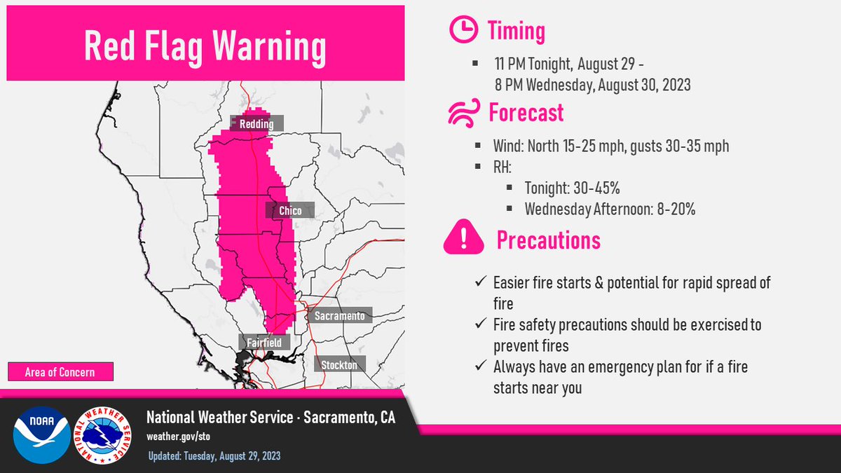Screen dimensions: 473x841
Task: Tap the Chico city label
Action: tap(289, 211)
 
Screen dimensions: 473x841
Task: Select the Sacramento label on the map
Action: tap(339, 317)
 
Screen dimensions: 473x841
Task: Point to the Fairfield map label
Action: tap(264, 343)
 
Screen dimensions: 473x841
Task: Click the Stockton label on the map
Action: tap(339, 365)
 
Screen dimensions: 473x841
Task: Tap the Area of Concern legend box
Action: tap(60, 371)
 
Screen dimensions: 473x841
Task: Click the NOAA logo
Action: tap(41, 434)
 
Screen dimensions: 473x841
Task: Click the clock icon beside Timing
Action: tap(463, 31)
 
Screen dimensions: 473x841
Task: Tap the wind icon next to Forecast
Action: tap(463, 113)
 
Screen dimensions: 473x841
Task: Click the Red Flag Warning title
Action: tap(205, 46)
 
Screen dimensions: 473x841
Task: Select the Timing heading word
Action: tap(517, 31)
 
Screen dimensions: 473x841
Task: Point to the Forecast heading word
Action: tap(526, 113)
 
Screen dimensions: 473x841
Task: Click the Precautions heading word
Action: tap(548, 240)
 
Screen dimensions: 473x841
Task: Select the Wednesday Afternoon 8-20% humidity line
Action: tap(610, 209)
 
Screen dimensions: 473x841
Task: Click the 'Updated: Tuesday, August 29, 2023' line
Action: tap(214, 456)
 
